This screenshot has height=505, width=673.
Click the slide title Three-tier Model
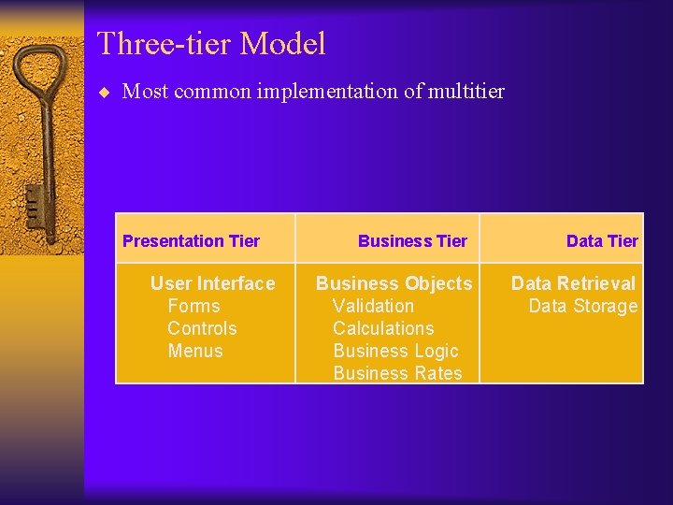point(211,44)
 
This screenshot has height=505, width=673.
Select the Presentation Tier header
point(191,241)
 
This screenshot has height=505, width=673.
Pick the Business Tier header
point(412,241)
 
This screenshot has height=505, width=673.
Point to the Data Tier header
point(602,241)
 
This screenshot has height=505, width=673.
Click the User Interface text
point(212,283)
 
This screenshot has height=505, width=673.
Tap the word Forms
point(193,306)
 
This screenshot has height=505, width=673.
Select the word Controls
point(202,328)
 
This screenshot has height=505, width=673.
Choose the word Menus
point(195,351)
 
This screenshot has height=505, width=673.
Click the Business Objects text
point(394,283)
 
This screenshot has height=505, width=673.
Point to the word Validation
point(373,306)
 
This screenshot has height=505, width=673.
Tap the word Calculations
point(383,328)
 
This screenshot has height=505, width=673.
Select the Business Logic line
point(395,351)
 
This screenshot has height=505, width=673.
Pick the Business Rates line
point(397,373)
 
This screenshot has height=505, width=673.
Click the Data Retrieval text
point(573,283)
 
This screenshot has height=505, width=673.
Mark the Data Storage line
point(582,306)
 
